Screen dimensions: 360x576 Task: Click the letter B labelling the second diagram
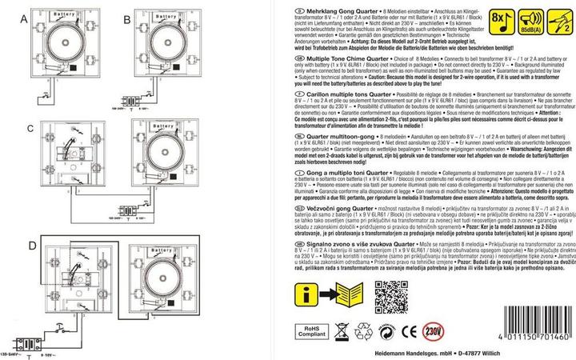click(x=127, y=18)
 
